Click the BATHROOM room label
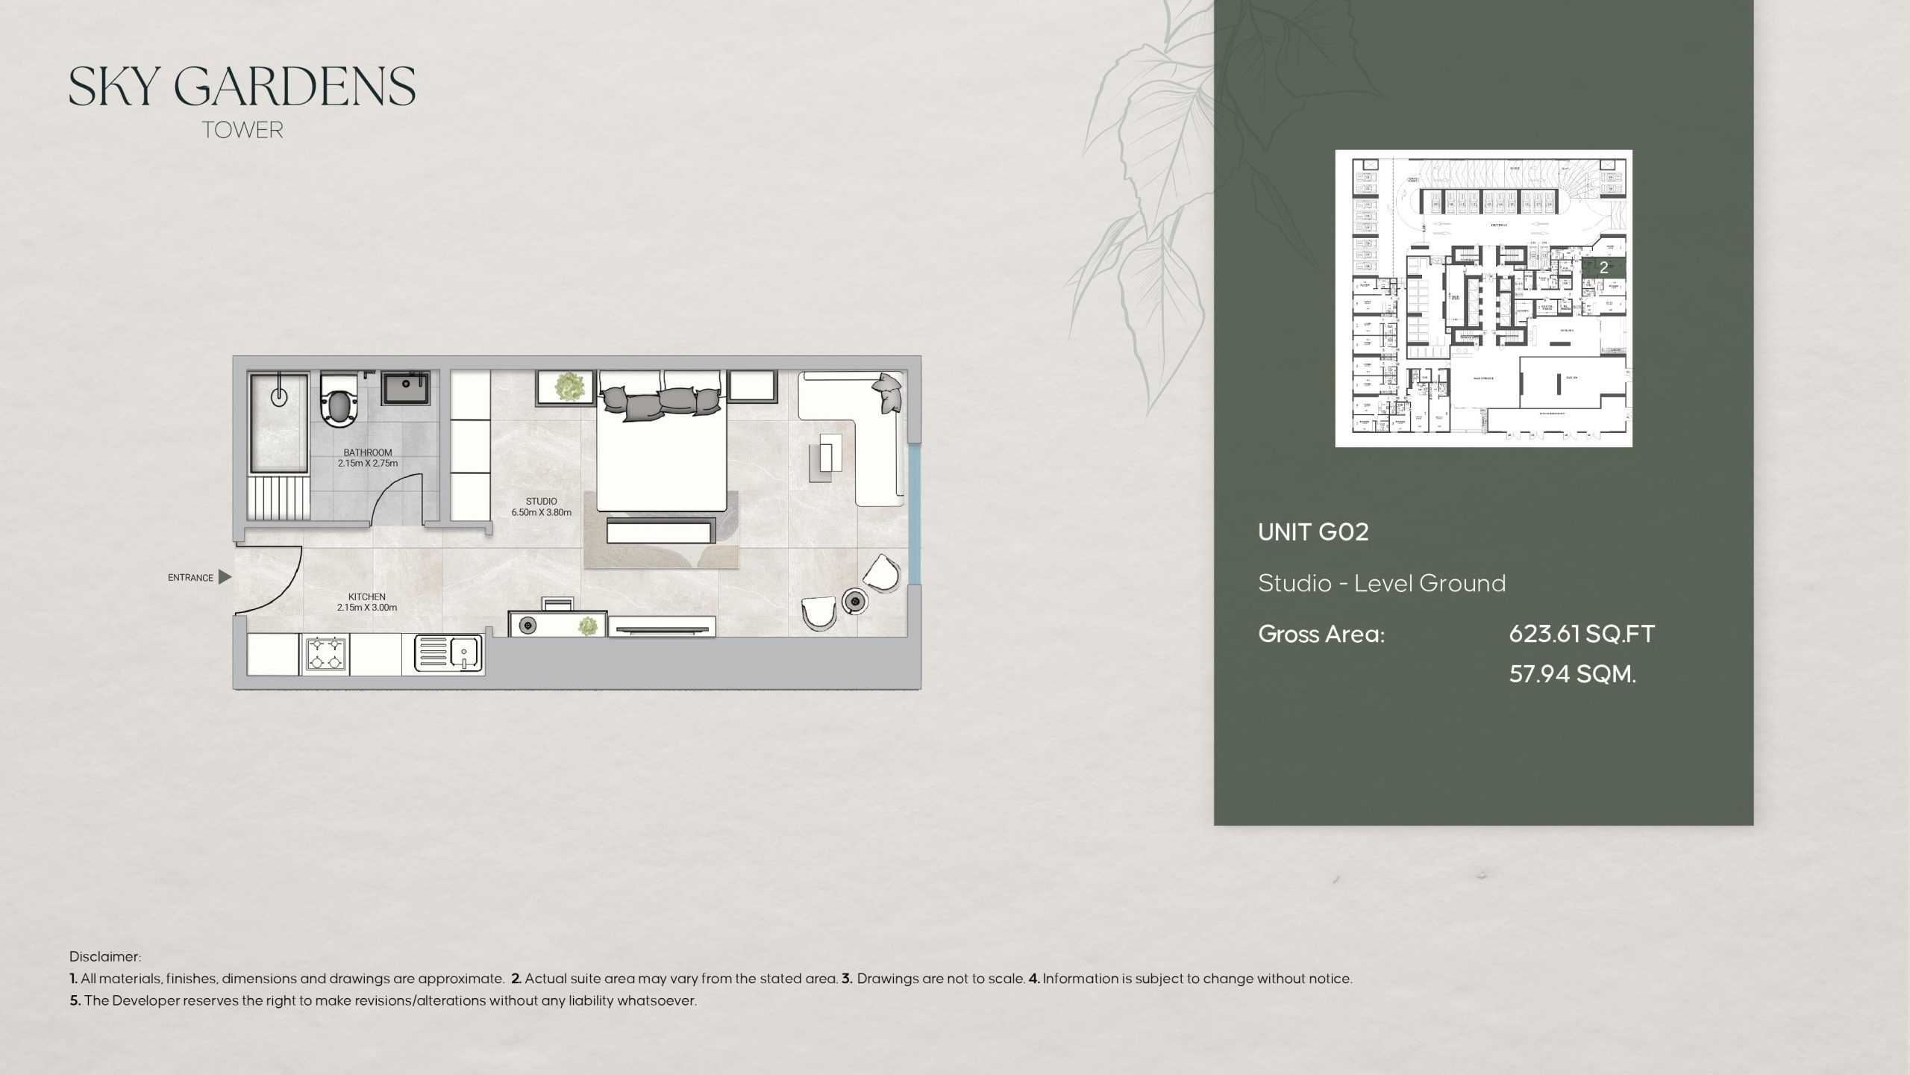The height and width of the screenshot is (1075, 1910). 367,452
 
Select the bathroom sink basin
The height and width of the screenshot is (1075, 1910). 406,390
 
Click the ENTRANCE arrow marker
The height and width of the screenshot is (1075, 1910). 225,577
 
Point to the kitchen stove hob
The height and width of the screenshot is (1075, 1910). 325,654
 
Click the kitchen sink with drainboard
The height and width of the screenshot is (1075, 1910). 448,654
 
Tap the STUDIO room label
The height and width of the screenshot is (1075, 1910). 541,502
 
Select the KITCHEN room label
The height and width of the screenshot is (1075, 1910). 366,596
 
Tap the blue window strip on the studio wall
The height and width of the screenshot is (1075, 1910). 915,515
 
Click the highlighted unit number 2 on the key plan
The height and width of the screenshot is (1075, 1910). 1603,267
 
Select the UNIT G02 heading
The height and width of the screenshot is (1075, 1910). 1313,532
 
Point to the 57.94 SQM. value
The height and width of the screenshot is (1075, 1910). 1572,675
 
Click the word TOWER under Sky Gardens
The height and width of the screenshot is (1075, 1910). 242,130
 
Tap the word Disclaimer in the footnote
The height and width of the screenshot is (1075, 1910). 104,956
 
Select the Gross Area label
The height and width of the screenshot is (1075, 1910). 1321,635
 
